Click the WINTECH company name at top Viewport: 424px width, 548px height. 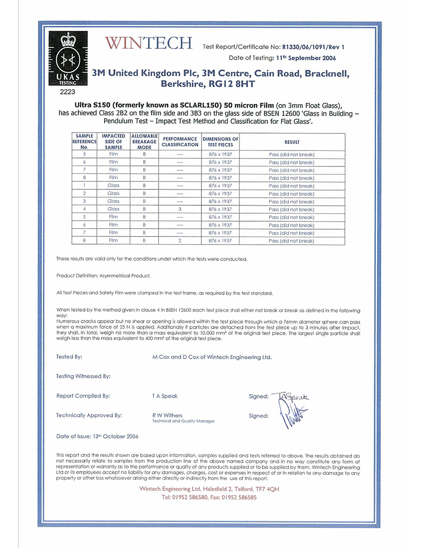[149, 43]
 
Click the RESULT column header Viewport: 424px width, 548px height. [291, 141]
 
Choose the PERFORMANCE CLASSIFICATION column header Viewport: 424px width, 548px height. [180, 141]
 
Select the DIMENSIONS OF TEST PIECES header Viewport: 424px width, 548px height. [220, 141]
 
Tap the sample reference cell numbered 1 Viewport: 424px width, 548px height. [85, 186]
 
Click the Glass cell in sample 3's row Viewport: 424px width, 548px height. [114, 201]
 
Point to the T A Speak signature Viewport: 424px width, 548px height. [291, 396]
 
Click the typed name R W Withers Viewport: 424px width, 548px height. [167, 415]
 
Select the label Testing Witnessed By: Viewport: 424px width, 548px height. [83, 377]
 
